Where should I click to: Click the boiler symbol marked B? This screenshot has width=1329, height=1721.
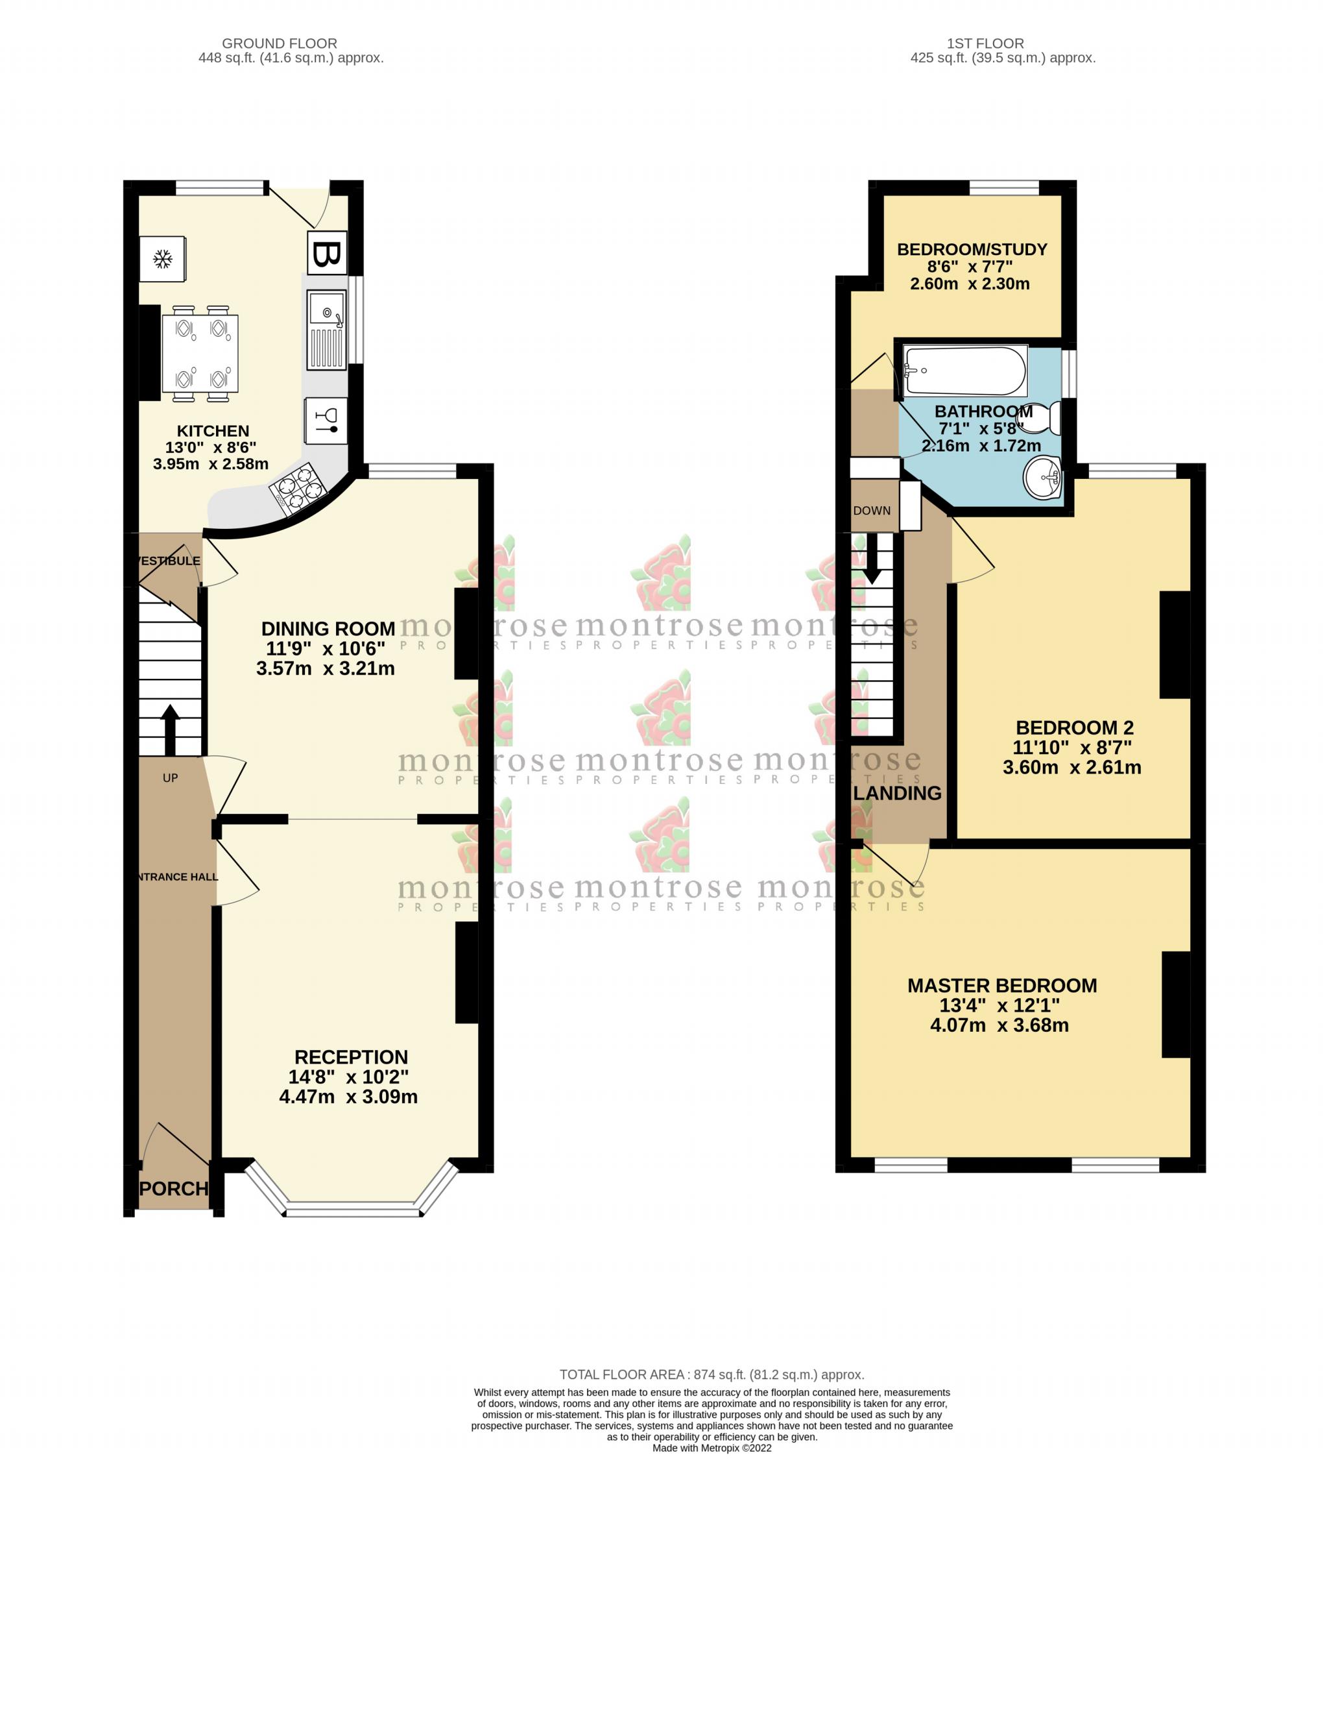tap(326, 254)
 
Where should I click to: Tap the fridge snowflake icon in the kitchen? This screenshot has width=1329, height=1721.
tap(163, 258)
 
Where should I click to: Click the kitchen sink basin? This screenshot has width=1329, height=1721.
tap(326, 309)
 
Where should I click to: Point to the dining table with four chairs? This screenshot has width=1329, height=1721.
tap(200, 354)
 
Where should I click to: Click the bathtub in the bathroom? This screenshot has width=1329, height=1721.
tap(965, 371)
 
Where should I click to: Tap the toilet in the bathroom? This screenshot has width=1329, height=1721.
tap(1046, 418)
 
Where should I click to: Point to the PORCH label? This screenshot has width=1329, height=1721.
tap(174, 1188)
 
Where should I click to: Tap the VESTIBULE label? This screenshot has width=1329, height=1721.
tap(168, 561)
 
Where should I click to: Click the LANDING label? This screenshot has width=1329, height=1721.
tap(897, 794)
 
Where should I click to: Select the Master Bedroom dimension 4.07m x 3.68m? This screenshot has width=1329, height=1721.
tap(999, 1025)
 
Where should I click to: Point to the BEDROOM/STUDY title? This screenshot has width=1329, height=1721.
tap(972, 250)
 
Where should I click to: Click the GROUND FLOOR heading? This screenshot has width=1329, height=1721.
tap(279, 43)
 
